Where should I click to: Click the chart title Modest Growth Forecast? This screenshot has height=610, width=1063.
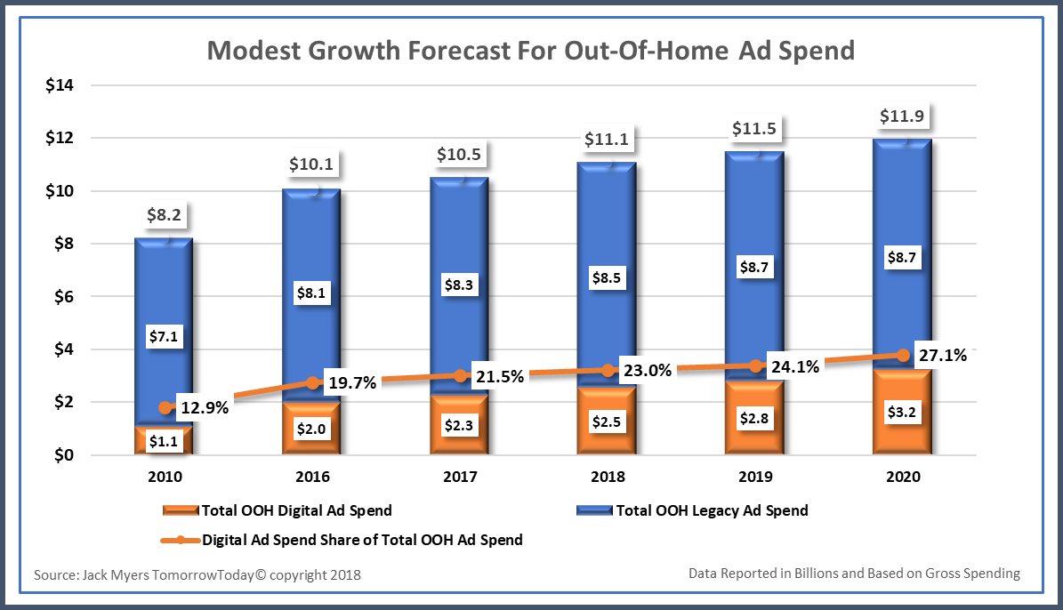tap(530, 50)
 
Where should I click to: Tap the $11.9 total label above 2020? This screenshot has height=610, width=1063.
tap(903, 116)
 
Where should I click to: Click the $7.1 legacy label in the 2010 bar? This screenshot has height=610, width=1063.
tap(164, 337)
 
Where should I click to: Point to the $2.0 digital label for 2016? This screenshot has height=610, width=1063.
tap(311, 427)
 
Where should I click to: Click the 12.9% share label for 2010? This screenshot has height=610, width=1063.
tap(204, 409)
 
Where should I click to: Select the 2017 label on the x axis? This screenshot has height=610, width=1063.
tap(460, 477)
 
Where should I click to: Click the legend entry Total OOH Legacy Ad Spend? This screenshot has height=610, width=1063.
tap(711, 510)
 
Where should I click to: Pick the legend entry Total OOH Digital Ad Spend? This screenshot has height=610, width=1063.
tap(296, 510)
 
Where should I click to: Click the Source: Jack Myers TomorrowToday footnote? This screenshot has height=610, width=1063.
tap(197, 575)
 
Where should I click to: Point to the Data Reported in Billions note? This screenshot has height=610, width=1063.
tap(854, 574)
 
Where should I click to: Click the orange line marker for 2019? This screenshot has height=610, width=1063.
tap(755, 366)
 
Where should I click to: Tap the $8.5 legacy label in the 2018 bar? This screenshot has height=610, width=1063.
tap(607, 277)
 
